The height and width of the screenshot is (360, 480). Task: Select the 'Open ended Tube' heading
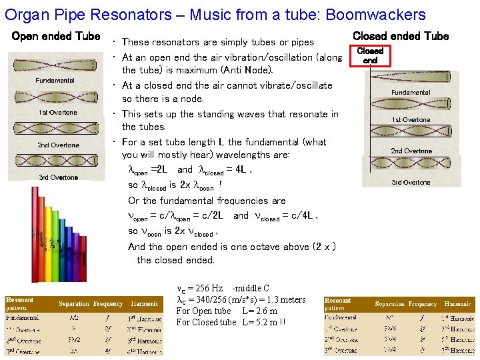(56, 36)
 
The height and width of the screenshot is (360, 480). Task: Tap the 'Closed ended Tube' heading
(401, 36)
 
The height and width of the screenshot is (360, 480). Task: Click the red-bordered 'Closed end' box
(370, 55)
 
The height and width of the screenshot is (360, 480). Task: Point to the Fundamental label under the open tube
(55, 81)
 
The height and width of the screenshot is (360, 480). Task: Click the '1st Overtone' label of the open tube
(57, 113)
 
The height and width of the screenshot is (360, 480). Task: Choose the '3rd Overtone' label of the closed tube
(411, 183)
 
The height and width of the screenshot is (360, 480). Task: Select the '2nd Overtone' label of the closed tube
(411, 151)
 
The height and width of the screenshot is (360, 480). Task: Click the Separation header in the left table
(73, 304)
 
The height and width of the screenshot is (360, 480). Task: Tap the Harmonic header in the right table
(457, 304)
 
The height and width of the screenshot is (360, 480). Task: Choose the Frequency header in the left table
(108, 304)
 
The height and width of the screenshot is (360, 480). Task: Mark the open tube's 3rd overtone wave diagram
(56, 161)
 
